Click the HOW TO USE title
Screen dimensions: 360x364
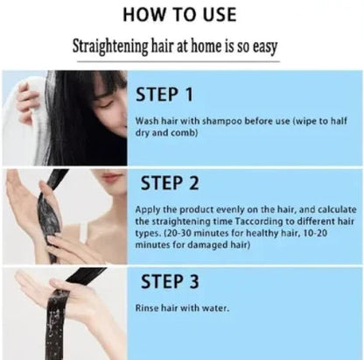coord(182,14)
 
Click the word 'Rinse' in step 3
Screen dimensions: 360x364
coord(147,308)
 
